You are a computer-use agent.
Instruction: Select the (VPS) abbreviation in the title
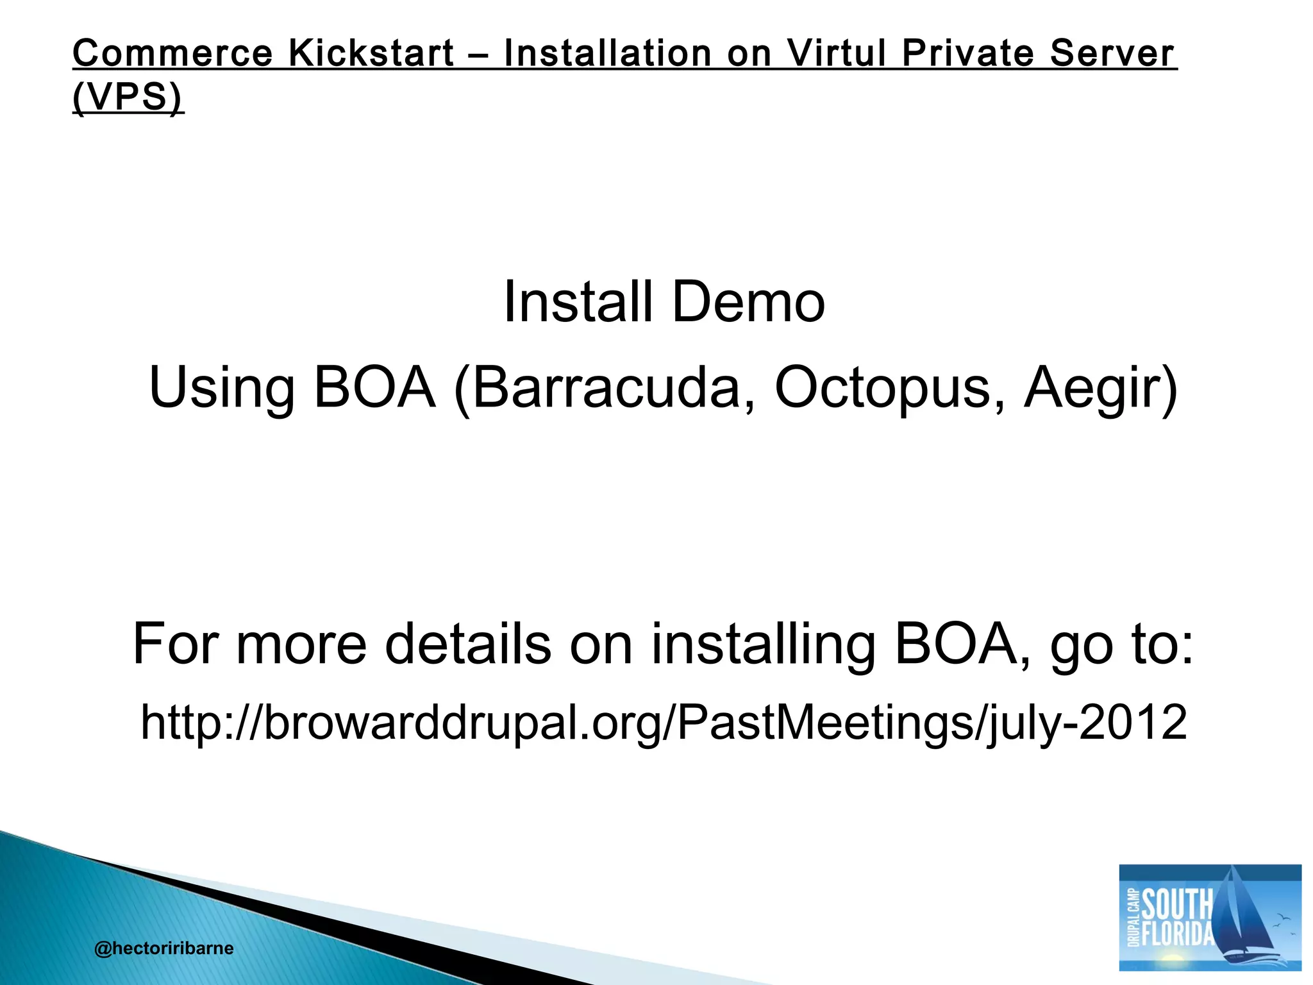[x=128, y=97]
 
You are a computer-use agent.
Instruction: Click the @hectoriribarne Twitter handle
[x=163, y=948]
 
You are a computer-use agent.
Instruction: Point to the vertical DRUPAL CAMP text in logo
[x=1132, y=917]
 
